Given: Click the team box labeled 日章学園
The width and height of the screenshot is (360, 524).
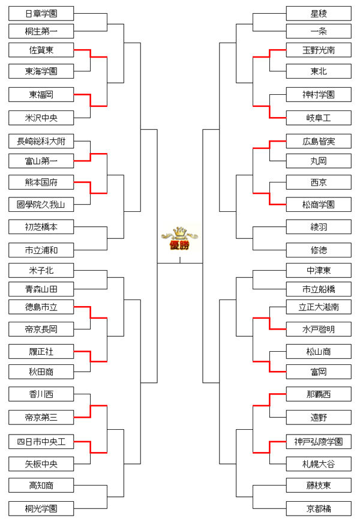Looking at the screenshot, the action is point(41,13).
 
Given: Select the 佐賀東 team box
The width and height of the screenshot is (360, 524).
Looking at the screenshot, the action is point(41,50).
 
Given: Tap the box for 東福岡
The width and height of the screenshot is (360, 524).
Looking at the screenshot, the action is point(41,94).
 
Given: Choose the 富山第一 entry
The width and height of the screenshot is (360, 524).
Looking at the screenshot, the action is point(41,160).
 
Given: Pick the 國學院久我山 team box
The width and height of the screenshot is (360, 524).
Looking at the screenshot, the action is point(41,205).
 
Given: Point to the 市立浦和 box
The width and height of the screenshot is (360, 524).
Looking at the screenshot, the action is point(41,249).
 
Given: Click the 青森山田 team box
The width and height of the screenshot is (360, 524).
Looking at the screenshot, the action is point(41,289).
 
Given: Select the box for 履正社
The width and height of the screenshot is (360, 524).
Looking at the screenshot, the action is point(41,351).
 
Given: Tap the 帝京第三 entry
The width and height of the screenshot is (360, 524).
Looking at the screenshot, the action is point(41,416).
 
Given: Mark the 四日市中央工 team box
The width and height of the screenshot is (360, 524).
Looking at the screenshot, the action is point(41,442).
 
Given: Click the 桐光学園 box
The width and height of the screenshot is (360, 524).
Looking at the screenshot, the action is point(41,508).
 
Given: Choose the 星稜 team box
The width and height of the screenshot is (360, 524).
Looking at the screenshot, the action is point(319,13).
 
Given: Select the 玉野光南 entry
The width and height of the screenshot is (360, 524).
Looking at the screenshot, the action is point(319,50).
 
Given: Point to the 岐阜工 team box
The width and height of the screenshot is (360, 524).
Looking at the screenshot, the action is point(319,117).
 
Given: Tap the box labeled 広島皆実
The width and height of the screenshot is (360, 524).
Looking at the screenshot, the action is point(319,141).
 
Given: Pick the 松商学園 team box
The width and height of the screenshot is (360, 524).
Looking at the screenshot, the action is point(319,205).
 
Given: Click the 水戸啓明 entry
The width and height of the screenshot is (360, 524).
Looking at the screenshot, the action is point(319,328).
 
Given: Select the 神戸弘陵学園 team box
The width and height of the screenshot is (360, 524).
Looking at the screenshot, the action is point(319,442).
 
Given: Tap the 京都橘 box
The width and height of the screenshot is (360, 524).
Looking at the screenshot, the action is point(319,508).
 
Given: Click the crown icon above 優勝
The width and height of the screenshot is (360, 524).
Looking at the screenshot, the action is point(179,233).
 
